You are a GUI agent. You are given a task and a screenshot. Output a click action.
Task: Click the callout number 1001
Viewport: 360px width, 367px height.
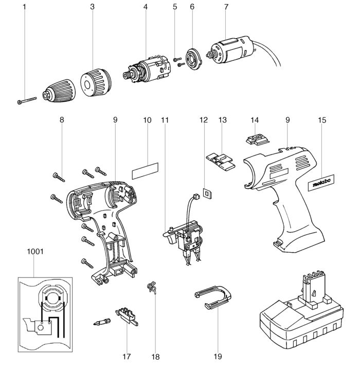click(35, 252)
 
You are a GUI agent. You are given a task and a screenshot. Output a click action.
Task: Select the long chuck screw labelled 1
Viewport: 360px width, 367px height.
click(27, 100)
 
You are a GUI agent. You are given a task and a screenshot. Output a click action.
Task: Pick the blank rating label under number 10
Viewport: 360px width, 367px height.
click(145, 171)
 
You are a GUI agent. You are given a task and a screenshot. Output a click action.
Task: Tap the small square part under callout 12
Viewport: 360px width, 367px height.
click(207, 194)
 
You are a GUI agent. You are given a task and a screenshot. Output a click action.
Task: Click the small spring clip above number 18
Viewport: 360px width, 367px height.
click(152, 287)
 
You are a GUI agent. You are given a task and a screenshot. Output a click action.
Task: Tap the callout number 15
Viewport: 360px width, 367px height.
click(321, 120)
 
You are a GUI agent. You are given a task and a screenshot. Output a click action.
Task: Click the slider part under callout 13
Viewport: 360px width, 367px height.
click(220, 162)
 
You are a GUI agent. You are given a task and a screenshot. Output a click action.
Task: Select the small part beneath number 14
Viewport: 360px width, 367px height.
click(258, 139)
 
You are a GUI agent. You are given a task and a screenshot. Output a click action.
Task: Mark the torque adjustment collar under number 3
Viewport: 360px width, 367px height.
click(96, 83)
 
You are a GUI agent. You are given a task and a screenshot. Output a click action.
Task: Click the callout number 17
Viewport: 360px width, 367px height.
click(127, 357)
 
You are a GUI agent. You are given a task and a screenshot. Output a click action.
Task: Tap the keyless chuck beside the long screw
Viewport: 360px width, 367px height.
click(59, 91)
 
